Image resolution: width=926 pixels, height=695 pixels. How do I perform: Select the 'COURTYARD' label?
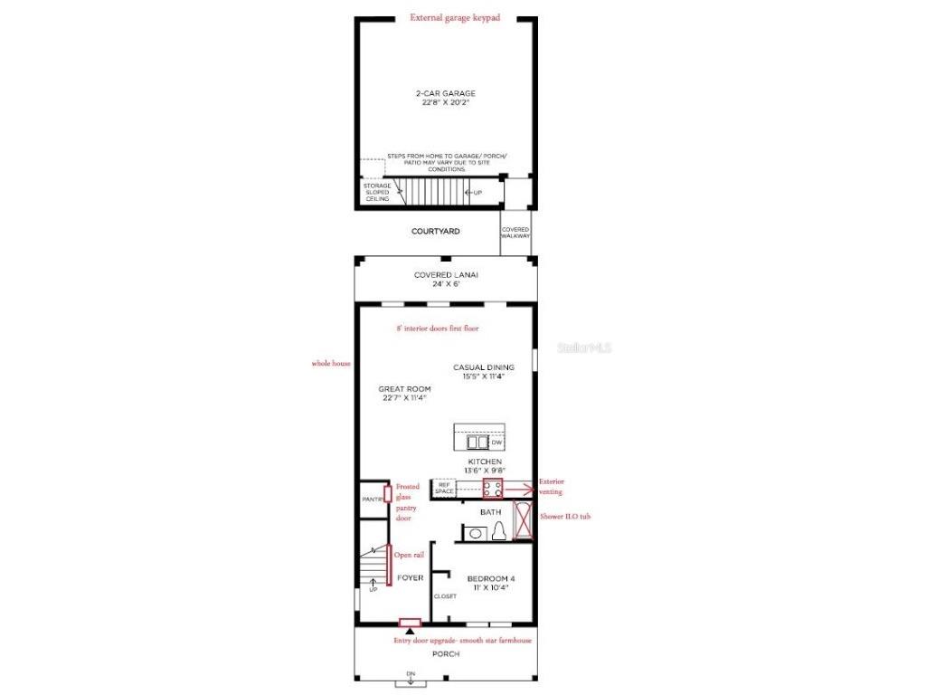pos(436,232)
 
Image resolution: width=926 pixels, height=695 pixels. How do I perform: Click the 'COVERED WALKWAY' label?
pos(515,233)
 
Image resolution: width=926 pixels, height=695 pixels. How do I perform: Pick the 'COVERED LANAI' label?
pos(446,275)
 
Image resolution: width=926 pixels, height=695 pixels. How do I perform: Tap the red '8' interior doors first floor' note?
pos(438,328)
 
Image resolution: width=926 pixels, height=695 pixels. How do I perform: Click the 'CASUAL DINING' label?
pos(484,367)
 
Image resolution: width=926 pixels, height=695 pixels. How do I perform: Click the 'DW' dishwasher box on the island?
pos(496,443)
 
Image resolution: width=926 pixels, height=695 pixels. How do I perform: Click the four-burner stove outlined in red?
pos(493,489)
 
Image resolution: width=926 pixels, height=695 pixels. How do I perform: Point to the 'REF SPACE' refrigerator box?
pos(444,489)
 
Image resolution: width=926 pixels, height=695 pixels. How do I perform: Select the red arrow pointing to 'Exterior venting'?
pos(520,489)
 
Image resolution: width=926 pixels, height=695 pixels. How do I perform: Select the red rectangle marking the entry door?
pos(411,623)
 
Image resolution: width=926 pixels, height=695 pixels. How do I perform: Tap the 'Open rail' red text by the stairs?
pos(408,555)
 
